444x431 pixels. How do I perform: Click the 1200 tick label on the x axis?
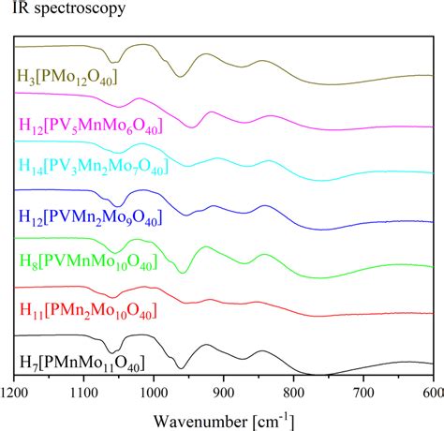point(15,394)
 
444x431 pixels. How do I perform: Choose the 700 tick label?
point(364,394)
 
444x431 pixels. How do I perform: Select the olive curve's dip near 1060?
point(115,59)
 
